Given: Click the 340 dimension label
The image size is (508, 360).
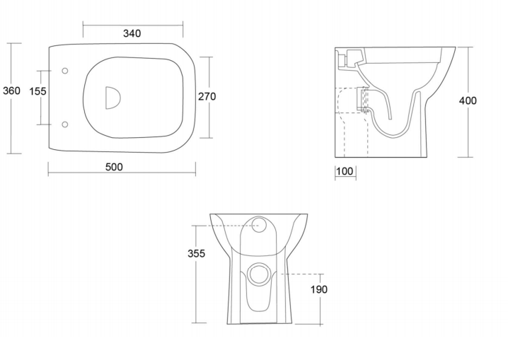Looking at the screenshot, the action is (132, 33).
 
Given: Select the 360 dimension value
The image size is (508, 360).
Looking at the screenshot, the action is (11, 91).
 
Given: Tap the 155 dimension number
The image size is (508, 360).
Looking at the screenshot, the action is (38, 91).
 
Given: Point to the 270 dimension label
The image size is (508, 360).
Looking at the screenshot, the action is (207, 96).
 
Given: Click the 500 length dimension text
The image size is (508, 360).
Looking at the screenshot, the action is (114, 167).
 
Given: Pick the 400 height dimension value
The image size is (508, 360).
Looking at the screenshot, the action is (468, 100).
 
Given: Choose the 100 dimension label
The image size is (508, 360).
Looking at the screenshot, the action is (345, 171).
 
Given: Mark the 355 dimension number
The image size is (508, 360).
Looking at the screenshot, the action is (196, 253).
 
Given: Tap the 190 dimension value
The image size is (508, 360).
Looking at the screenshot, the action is (319, 289).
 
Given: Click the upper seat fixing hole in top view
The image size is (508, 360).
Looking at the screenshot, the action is (65, 71).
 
